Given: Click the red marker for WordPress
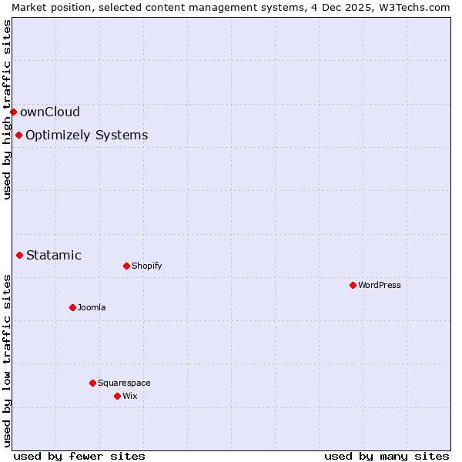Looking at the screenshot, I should (x=353, y=285).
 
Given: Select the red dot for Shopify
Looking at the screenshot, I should (x=126, y=266).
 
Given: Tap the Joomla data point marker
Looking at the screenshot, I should (x=72, y=307).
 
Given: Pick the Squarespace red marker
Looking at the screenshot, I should (x=92, y=383).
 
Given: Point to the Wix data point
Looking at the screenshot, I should (x=117, y=396).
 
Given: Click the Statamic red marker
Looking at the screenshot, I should (x=20, y=255).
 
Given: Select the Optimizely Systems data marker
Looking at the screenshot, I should (x=18, y=136).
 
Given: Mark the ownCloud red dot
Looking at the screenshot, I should (x=13, y=112).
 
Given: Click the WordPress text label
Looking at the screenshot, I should (x=380, y=285).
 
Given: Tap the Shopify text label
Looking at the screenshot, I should (x=146, y=266).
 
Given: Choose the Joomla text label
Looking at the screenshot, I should (x=92, y=307).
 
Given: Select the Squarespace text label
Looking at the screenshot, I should (x=124, y=383).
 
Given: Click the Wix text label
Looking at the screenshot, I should (x=130, y=396).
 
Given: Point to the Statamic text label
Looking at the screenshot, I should (x=54, y=255).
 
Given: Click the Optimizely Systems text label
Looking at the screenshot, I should (x=86, y=136).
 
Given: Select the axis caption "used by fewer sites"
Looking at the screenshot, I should (x=79, y=456).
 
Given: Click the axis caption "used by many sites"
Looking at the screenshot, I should (x=387, y=456).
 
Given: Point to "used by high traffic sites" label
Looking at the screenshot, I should (x=7, y=109).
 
